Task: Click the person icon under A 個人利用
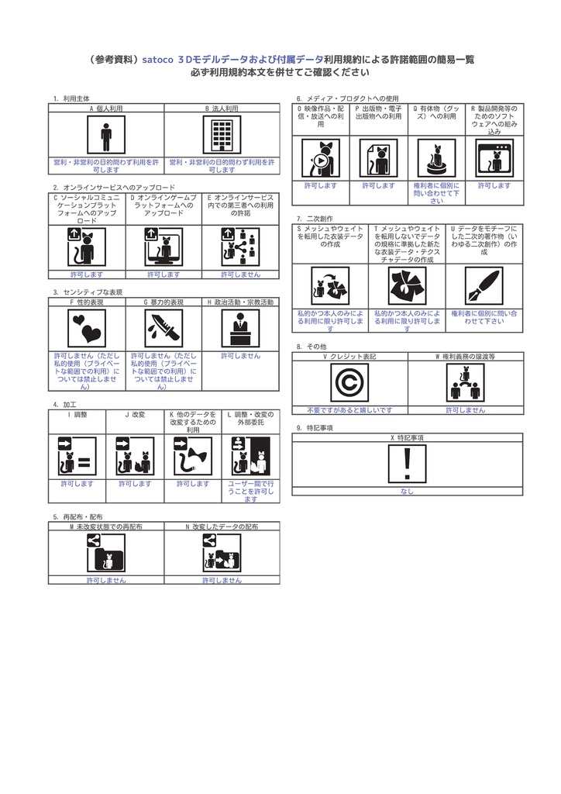106,135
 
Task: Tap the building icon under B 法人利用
222,135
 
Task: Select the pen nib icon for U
484,286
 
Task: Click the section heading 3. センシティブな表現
88,292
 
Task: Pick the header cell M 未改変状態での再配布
106,526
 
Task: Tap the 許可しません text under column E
240,274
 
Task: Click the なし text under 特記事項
407,491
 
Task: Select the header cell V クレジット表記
349,356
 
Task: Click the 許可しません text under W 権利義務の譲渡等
465,409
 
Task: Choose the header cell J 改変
135,415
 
